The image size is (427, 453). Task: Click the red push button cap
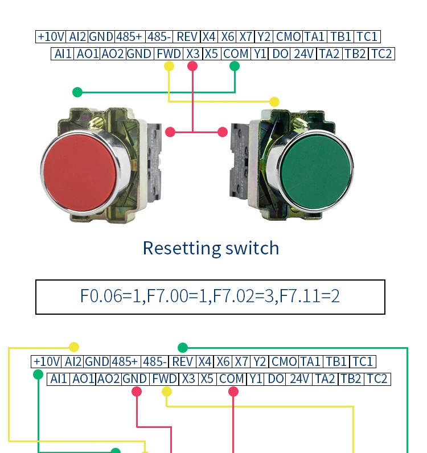[x=80, y=172]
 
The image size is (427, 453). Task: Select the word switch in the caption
[x=252, y=248]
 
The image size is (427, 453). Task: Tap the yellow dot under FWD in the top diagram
[x=169, y=66]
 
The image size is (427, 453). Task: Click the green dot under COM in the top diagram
[x=235, y=66]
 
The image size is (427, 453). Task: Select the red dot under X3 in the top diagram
[x=192, y=66]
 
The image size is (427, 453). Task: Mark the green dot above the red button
[x=77, y=92]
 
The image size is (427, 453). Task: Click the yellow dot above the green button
[x=274, y=102]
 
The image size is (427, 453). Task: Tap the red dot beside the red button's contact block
[x=170, y=132]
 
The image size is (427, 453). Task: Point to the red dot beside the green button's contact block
[x=222, y=132]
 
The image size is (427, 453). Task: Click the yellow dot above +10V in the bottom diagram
[x=74, y=347]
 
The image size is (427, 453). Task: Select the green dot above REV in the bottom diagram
[x=183, y=347]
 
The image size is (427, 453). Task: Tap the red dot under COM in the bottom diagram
[x=233, y=392]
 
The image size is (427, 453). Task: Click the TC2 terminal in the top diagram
[x=381, y=53]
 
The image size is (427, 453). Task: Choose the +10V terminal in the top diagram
[x=51, y=36]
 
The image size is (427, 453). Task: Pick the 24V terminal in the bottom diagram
[x=299, y=379]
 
